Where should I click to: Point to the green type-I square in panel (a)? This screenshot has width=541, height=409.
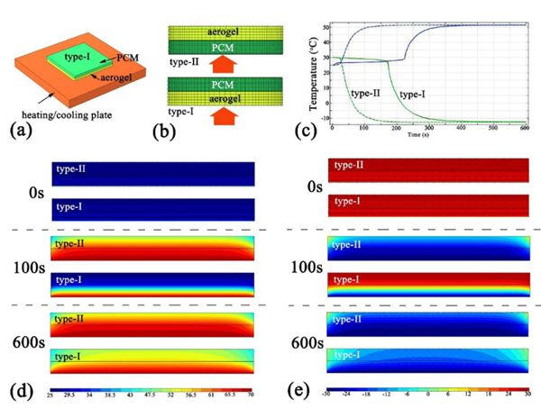(70, 58)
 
